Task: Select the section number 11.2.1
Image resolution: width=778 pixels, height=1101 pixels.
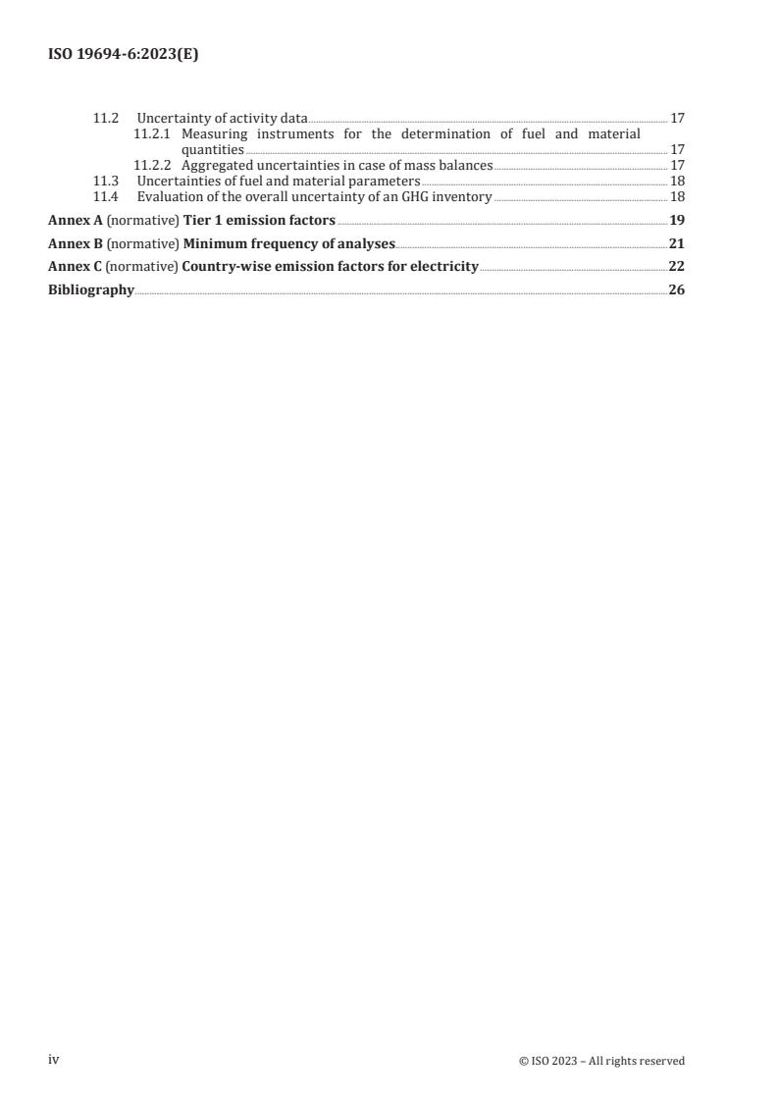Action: pos(152,133)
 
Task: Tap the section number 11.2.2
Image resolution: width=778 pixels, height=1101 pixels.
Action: pos(152,166)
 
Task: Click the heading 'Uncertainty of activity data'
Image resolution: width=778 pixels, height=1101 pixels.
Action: pos(222,119)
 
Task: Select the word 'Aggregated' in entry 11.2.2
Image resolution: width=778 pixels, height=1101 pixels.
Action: pos(219,166)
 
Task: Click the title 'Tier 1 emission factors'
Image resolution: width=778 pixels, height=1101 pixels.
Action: pos(259,220)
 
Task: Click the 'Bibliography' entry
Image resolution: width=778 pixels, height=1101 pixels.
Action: pos(91,290)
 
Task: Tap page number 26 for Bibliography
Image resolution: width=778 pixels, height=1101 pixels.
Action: pos(676,290)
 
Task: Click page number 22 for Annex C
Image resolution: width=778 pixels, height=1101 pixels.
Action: pos(676,267)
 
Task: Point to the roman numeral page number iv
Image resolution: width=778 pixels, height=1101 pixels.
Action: pos(54,1060)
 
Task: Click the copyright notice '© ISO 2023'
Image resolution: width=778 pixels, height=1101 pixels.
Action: pos(545,1061)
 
